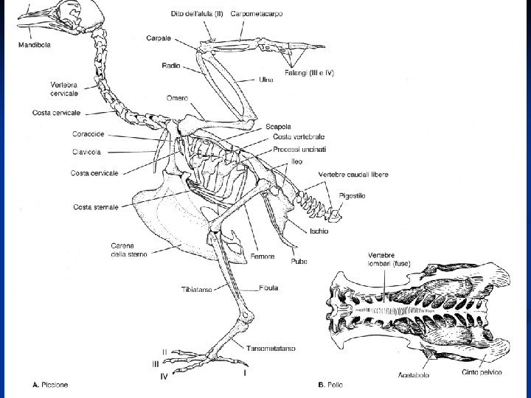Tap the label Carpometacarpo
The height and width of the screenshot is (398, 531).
(x=256, y=14)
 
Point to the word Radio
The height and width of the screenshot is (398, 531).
(x=171, y=66)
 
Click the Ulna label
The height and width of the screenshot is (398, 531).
(x=266, y=80)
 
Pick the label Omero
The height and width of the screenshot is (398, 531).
(x=177, y=98)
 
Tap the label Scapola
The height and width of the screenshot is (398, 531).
(x=277, y=127)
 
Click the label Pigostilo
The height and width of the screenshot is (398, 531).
(x=352, y=195)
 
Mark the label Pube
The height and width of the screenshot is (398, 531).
(x=299, y=261)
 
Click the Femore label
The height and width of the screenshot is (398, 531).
(x=262, y=256)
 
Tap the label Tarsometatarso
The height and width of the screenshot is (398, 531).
(x=271, y=348)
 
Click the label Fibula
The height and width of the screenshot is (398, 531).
(x=268, y=288)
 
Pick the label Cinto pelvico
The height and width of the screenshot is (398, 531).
(x=484, y=372)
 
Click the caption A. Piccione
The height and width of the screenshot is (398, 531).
(x=52, y=384)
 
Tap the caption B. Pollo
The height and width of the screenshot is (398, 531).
(x=330, y=384)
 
